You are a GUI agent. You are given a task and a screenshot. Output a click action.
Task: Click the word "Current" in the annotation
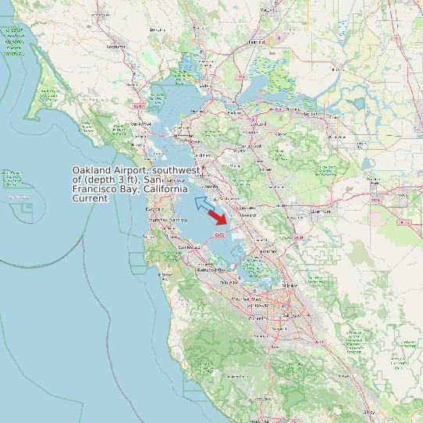[x=91, y=199]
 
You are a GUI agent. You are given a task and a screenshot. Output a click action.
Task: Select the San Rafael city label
[x=140, y=123]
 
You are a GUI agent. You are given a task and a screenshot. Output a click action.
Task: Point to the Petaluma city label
[x=116, y=46]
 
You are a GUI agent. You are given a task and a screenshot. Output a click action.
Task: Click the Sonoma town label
[x=159, y=29]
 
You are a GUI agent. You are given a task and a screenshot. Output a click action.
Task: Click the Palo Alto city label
[x=229, y=283]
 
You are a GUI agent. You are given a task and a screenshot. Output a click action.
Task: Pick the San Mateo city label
[x=186, y=247]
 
